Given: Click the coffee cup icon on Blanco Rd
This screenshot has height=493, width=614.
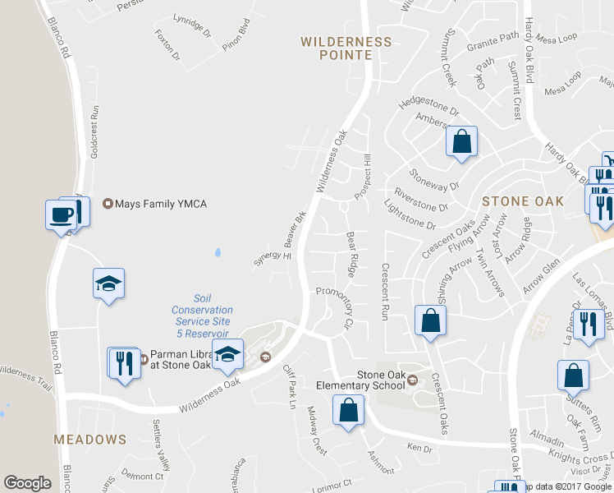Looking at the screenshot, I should click(x=62, y=214).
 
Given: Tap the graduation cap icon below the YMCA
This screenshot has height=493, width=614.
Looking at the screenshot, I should click(x=108, y=283).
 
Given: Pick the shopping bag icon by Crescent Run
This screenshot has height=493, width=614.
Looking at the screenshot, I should click(x=430, y=321).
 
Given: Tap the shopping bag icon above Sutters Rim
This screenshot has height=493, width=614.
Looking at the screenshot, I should click(x=573, y=376).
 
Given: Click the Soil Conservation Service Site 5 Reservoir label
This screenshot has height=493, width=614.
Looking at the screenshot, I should click(x=202, y=316).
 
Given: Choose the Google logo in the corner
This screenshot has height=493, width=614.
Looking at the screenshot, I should click(x=27, y=483).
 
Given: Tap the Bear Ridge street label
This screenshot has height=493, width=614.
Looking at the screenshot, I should click(x=351, y=253).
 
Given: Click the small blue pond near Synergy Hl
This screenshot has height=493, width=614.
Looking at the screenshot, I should click(x=218, y=251).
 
